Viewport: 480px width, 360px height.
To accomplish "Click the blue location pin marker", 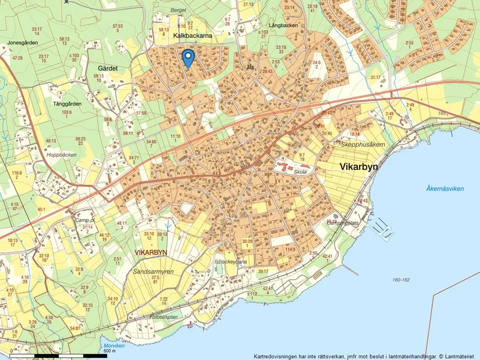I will tap(188, 58).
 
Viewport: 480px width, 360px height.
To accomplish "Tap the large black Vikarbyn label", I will tap(358, 167).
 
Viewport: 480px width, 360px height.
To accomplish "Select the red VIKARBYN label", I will tap(151, 252).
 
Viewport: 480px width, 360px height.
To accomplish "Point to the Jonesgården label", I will tap(23, 42).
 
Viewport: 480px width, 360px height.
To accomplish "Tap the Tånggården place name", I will tap(67, 104).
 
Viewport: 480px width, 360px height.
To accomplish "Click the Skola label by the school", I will tap(300, 173).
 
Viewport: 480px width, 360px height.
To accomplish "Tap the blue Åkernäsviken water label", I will tap(445, 188).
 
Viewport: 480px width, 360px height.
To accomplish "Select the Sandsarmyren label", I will tap(155, 271).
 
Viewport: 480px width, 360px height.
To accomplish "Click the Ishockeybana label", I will tap(232, 262).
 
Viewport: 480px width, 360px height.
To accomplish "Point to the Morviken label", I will tap(115, 346).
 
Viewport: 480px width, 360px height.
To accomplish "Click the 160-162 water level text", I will tap(401, 280).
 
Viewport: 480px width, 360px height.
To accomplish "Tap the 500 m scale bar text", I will tap(109, 351).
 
